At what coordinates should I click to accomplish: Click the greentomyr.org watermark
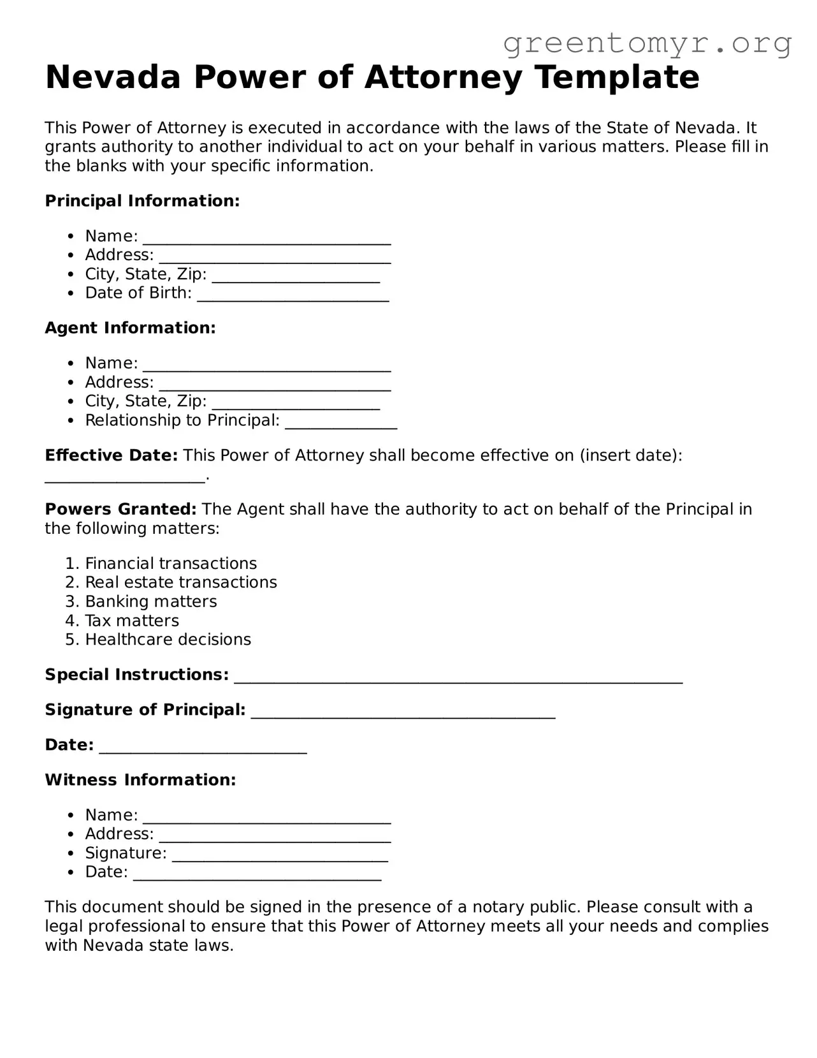[647, 43]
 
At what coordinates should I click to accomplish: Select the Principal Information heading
[142, 201]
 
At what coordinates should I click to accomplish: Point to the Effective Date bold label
[111, 455]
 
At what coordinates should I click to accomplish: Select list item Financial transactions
[171, 564]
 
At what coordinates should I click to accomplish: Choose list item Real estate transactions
[181, 582]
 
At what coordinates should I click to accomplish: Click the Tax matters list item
[132, 621]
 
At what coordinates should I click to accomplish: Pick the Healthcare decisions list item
[168, 640]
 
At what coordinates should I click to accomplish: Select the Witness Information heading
[140, 780]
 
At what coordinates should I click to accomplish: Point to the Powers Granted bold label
[120, 510]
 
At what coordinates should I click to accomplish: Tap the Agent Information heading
[130, 328]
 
